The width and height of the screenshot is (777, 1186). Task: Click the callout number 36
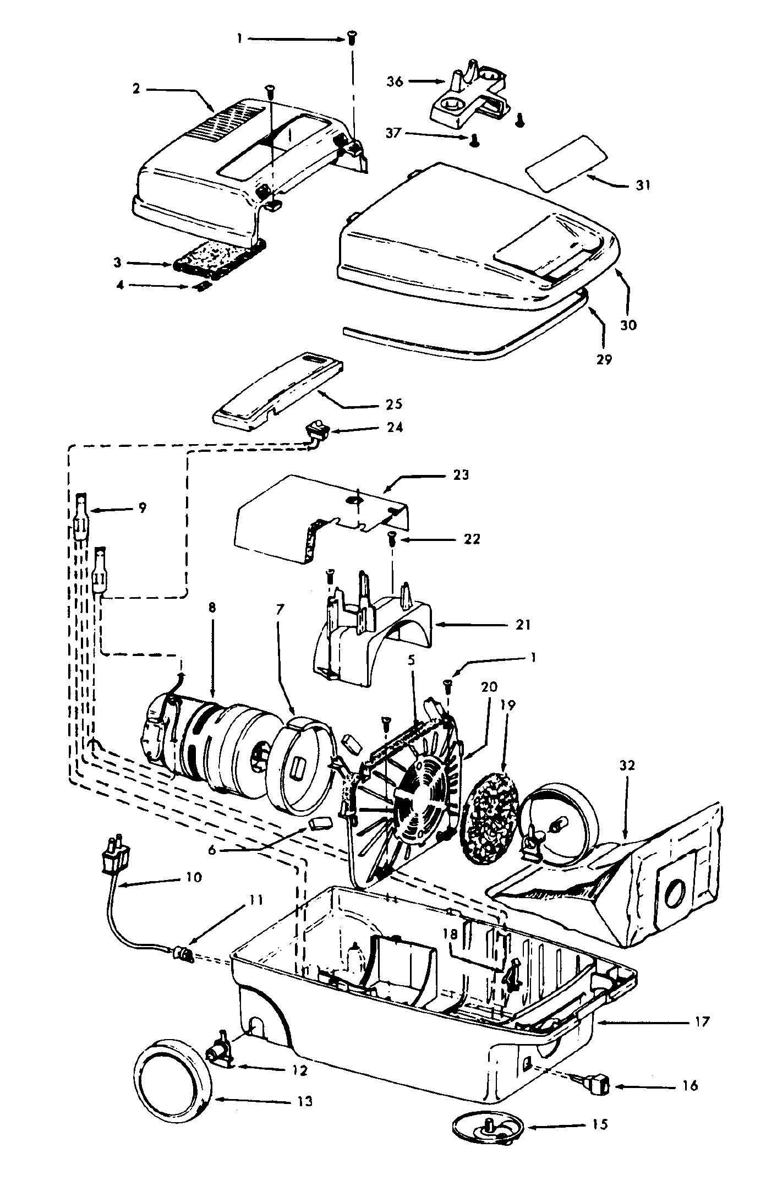pyautogui.click(x=395, y=81)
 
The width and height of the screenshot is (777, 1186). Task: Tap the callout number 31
pyautogui.click(x=642, y=185)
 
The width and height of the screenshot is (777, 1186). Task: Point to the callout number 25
pyautogui.click(x=394, y=405)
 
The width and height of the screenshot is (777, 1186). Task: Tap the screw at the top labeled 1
pyautogui.click(x=350, y=39)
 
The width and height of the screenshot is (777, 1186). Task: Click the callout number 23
pyautogui.click(x=460, y=474)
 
